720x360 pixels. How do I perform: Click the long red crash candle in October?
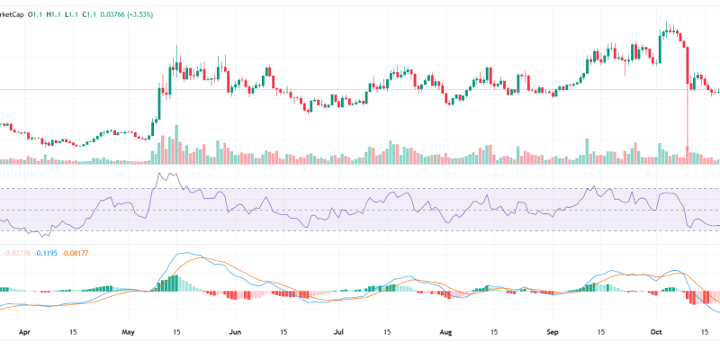click(687, 99)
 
